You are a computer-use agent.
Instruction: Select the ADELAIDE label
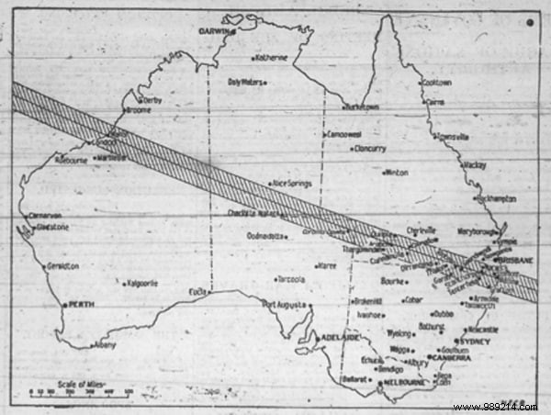coord(338,338)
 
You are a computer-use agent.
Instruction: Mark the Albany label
coord(107,345)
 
